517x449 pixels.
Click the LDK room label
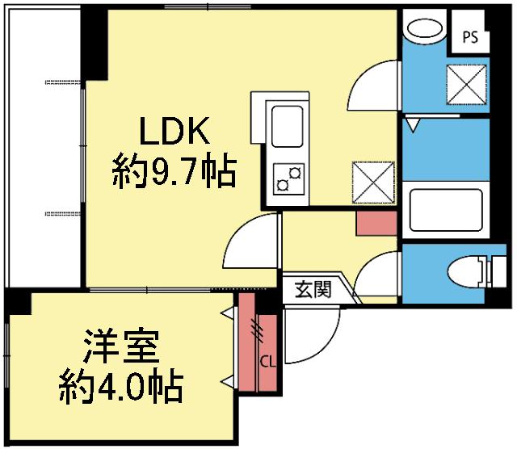[x=174, y=131]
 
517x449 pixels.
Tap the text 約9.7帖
[x=174, y=170]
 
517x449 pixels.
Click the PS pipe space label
[x=470, y=37]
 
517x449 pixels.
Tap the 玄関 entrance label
[x=313, y=289]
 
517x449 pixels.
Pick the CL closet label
[x=267, y=362]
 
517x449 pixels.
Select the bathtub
[x=446, y=210]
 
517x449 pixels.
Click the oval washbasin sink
[x=425, y=28]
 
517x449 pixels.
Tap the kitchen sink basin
[x=287, y=126]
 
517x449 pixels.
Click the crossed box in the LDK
[x=373, y=182]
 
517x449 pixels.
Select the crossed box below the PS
[x=467, y=85]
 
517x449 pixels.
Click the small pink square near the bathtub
[x=376, y=224]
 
